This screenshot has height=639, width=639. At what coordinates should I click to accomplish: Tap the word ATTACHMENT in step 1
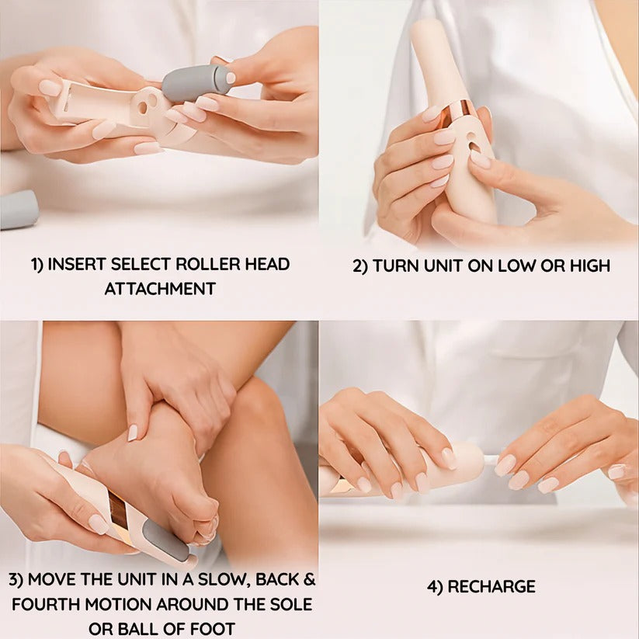coord(160,289)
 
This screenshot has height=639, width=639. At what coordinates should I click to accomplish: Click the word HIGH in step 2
coord(588,266)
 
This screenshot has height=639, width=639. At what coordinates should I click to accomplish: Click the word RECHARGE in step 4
coord(491,586)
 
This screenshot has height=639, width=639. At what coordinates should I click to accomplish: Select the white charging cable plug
coord(491,460)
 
